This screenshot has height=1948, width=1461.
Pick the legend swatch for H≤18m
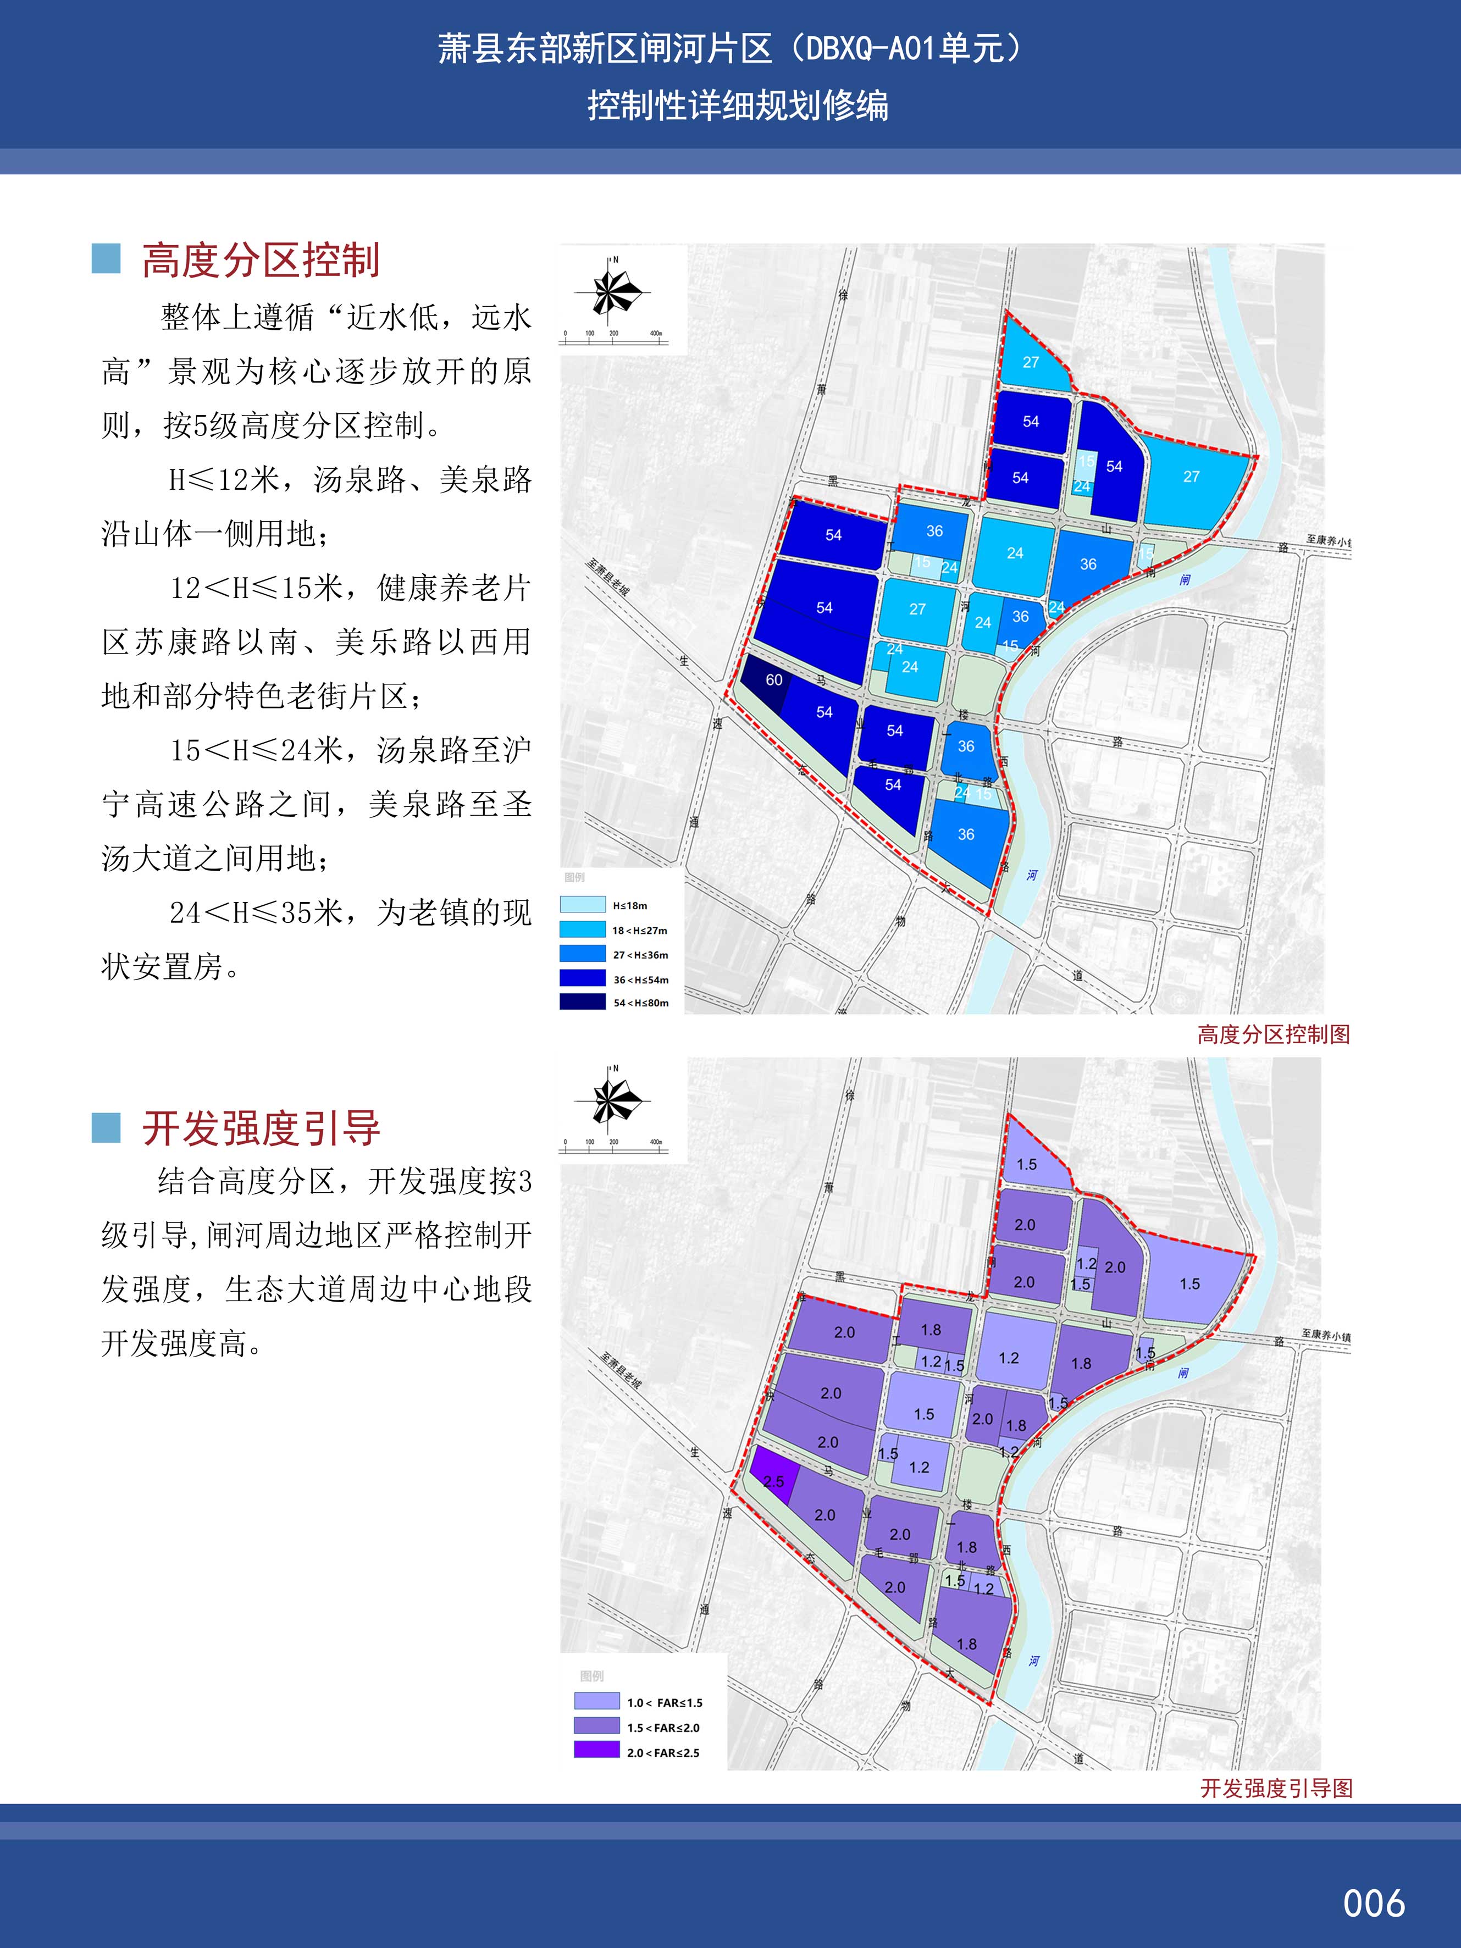tap(582, 904)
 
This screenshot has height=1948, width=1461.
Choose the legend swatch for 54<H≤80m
tap(582, 1002)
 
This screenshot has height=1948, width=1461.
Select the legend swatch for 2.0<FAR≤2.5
tap(596, 1752)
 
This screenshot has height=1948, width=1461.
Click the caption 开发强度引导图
tap(1275, 1787)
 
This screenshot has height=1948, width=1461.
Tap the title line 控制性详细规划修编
tap(738, 107)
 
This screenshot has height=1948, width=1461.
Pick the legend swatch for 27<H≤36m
tap(582, 954)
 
